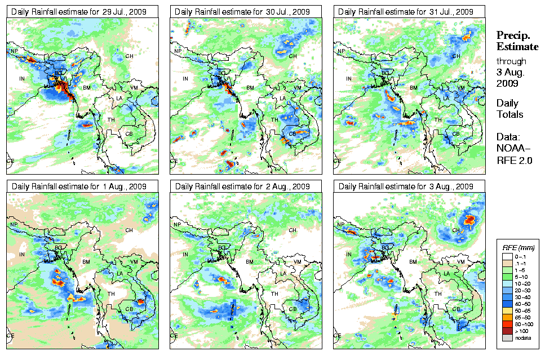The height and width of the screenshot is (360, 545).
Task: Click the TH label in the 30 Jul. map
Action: (x=274, y=120)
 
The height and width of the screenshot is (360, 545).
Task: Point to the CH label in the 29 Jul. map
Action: (x=129, y=56)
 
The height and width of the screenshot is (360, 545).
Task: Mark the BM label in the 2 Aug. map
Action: (x=250, y=263)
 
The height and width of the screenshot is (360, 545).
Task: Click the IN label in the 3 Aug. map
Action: (x=349, y=255)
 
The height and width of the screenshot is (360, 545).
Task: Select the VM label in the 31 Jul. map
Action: (x=460, y=88)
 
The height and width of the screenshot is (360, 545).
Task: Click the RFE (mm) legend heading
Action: (x=515, y=247)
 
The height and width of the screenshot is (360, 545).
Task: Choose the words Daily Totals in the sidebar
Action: (x=509, y=109)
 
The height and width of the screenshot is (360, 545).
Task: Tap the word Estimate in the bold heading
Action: (x=517, y=46)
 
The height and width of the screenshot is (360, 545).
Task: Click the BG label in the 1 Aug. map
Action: (x=58, y=247)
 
